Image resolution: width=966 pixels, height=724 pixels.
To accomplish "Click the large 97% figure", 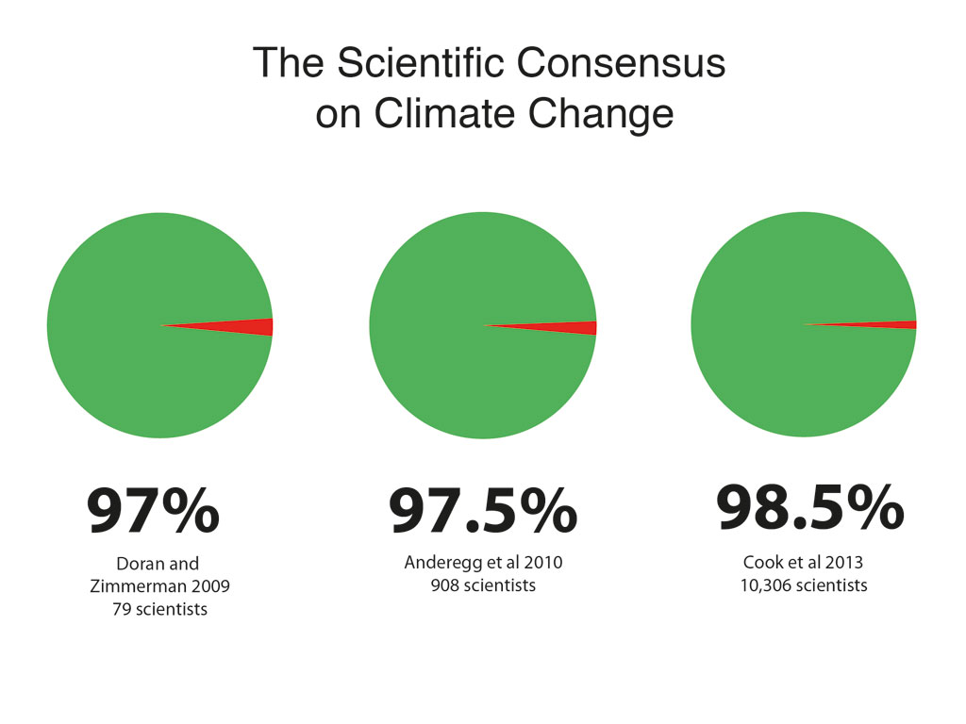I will pos(153,512).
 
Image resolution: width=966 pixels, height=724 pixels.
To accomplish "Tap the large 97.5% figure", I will pos(483,512).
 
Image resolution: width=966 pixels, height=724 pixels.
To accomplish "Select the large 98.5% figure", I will pos(809,509).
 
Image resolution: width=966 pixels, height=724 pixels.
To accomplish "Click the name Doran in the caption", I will pos(141,564).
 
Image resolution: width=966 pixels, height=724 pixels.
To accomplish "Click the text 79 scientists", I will pos(158,609).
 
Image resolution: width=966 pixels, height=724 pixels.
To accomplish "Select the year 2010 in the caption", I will pos(542,563).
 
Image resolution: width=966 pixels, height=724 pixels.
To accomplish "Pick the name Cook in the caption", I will pos(762,563).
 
